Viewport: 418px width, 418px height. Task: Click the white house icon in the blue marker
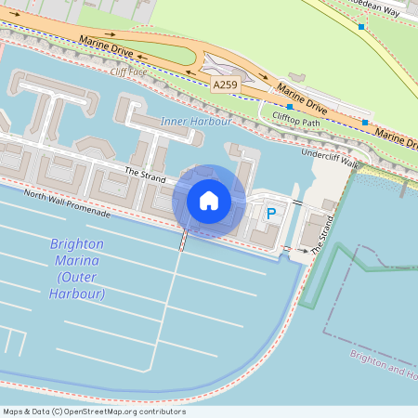[209, 201]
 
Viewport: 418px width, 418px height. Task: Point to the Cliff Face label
[128, 71]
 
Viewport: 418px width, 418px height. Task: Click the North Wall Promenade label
[67, 203]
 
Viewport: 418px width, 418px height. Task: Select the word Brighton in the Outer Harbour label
[77, 244]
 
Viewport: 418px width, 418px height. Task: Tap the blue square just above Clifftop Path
[290, 107]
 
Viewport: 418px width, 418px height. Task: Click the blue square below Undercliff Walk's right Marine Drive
[365, 123]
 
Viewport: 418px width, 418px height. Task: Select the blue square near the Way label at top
[361, 27]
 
